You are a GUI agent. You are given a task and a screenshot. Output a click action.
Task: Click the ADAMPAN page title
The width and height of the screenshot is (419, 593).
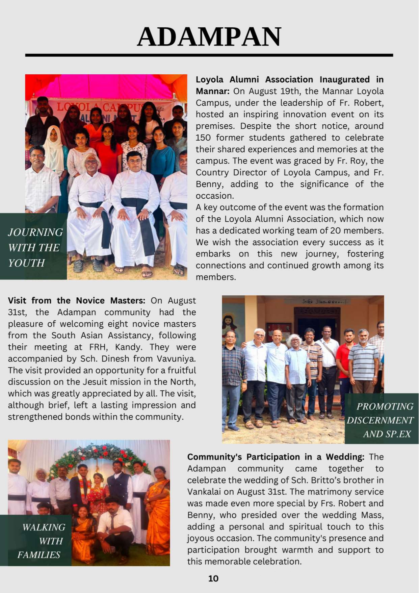coord(209,36)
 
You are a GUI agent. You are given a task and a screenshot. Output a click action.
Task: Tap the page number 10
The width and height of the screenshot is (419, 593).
coord(213,578)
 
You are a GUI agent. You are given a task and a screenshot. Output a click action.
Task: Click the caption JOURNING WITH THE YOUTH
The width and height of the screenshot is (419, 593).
coord(35,247)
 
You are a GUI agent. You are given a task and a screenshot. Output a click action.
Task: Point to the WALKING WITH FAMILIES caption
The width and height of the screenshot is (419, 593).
coord(41,541)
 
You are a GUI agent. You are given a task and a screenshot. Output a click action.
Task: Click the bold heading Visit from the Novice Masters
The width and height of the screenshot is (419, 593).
coord(76,300)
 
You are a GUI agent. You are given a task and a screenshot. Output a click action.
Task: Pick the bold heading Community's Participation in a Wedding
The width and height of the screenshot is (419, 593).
coord(276,457)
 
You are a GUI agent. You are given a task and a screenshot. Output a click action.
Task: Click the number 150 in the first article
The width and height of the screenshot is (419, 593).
coord(203,138)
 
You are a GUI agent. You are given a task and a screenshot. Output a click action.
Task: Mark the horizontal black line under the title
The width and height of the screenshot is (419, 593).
coord(209,55)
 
